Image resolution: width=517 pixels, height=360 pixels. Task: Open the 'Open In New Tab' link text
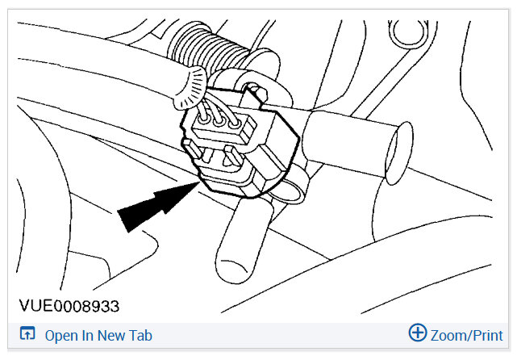click(x=98, y=336)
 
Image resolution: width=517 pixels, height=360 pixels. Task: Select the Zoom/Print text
click(x=467, y=336)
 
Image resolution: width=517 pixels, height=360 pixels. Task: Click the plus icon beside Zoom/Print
click(x=417, y=334)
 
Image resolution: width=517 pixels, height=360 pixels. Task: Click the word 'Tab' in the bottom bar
click(x=140, y=336)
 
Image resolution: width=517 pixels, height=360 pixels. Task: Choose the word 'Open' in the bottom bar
click(x=60, y=336)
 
